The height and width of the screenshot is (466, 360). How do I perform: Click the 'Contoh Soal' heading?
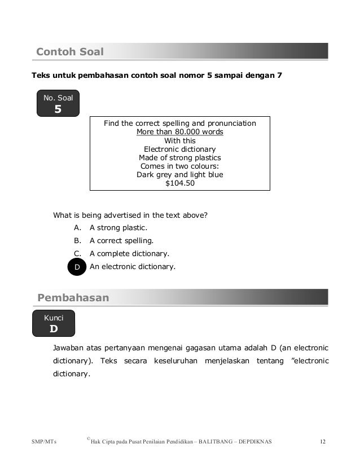pos(70,52)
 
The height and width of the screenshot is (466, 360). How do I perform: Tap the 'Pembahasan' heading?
pos(73,298)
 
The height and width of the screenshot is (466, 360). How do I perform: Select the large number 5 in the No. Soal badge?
pos(58,109)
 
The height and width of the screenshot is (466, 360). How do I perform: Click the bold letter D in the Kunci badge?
pos(54,328)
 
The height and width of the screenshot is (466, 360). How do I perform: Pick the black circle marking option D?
pos(77,267)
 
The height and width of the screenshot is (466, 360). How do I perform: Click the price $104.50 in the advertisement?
pos(180,183)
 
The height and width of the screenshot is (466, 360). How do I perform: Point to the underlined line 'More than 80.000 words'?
pos(180,133)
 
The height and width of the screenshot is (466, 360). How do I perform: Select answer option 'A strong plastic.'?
pos(118,228)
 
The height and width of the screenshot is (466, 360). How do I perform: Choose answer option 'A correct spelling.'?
pos(121,241)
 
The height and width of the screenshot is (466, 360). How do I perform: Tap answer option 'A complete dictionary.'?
pos(129,254)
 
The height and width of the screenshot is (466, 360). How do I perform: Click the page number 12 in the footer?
pos(323,441)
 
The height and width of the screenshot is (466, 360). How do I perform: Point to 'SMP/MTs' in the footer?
pos(48,441)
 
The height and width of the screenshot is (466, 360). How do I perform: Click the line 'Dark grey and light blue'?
pos(180,175)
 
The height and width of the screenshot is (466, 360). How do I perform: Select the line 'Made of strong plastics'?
pos(180,158)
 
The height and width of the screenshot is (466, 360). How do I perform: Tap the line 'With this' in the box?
pos(180,141)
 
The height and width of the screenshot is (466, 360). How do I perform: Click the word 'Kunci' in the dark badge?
pos(54,318)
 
